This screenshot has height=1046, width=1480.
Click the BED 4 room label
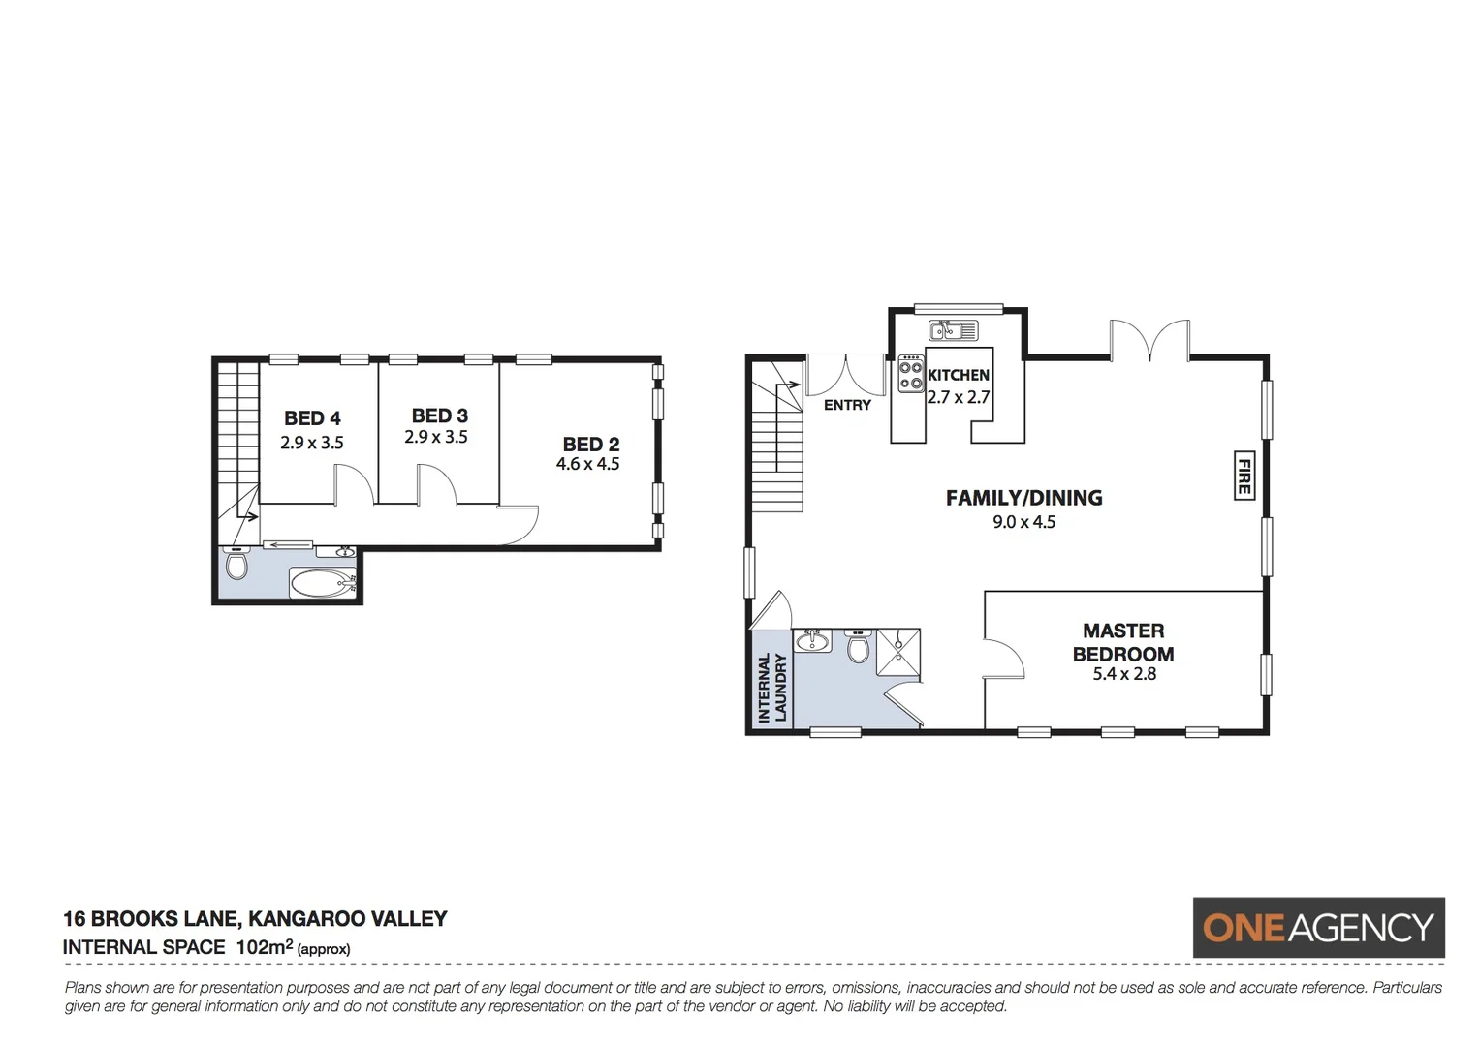(312, 418)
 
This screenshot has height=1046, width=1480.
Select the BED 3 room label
(439, 415)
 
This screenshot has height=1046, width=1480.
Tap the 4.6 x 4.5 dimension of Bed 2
(587, 464)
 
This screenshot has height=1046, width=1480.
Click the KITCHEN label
(959, 375)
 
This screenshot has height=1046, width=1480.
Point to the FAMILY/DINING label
(1023, 498)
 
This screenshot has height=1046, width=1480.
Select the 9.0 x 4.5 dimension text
(1023, 522)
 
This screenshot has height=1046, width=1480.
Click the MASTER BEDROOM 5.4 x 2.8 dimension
(1124, 674)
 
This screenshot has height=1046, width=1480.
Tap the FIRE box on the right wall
(1244, 475)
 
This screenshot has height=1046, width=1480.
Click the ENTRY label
(847, 405)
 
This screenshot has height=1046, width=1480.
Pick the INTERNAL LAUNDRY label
(771, 688)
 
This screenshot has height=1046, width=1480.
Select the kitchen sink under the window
(953, 331)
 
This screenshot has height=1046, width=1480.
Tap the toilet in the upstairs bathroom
(236, 563)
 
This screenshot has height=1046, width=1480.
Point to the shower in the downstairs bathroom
(897, 651)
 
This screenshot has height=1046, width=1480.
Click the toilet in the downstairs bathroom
(858, 646)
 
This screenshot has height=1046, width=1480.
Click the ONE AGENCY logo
(1318, 928)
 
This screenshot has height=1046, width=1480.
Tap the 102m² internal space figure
(264, 947)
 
